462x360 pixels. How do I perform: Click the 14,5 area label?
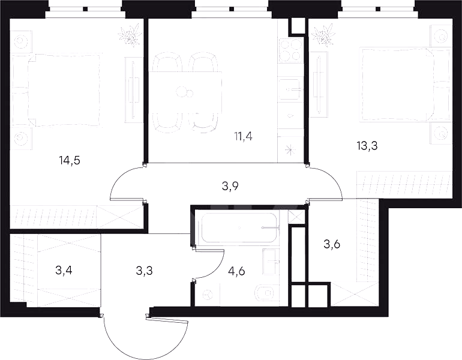(70, 161)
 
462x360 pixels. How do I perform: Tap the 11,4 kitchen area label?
(243, 136)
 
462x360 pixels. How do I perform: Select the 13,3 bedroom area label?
(367, 146)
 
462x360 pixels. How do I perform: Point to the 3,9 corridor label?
(230, 186)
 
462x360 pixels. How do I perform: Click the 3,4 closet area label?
(64, 270)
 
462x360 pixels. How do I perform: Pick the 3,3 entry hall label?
(145, 270)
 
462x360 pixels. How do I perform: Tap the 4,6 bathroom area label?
(236, 271)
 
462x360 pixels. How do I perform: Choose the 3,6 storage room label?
(332, 244)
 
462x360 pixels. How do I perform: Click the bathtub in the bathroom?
(239, 227)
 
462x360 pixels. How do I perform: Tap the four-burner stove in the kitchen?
(291, 50)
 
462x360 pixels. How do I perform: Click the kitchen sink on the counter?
(290, 89)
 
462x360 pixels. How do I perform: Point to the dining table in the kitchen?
(185, 92)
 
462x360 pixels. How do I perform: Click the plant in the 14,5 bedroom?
(130, 35)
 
